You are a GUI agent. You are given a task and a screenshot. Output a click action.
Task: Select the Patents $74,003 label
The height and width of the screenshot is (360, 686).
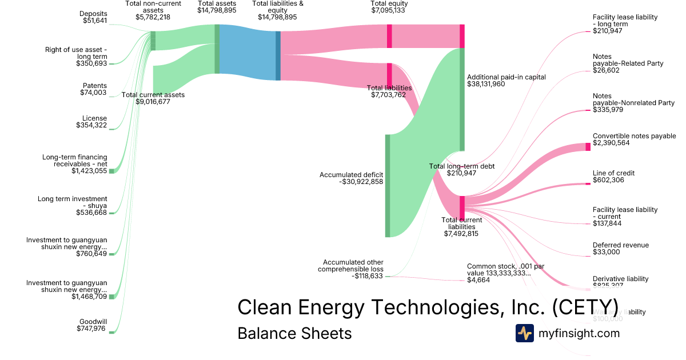pos(93,89)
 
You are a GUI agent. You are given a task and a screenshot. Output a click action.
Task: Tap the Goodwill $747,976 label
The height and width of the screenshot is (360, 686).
pos(91,325)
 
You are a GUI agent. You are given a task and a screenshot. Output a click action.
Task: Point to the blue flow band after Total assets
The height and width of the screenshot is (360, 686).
pos(248,52)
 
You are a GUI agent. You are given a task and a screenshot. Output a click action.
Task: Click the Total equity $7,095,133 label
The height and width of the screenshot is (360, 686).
pos(389,7)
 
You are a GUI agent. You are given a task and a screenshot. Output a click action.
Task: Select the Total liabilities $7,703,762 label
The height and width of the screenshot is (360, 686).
pos(389,91)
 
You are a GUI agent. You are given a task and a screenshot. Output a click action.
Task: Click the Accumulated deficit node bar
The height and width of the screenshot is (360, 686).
pos(388,185)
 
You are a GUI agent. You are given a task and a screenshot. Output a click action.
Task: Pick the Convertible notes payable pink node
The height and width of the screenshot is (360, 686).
pos(588,147)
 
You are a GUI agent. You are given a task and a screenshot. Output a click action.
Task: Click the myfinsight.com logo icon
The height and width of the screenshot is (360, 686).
pos(524,333)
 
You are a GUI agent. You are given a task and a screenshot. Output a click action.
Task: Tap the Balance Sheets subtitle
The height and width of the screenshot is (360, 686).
pos(294,333)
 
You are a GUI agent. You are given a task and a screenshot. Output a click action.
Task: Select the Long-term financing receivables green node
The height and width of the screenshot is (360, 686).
pos(111,171)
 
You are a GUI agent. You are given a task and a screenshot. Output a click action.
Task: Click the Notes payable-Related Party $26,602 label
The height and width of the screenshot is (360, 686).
pos(628,63)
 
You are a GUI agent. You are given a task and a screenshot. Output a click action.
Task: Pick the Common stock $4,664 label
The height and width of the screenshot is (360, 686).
pos(498,273)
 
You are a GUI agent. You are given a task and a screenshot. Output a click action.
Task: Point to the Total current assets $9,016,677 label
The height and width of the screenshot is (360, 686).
pos(153,98)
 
